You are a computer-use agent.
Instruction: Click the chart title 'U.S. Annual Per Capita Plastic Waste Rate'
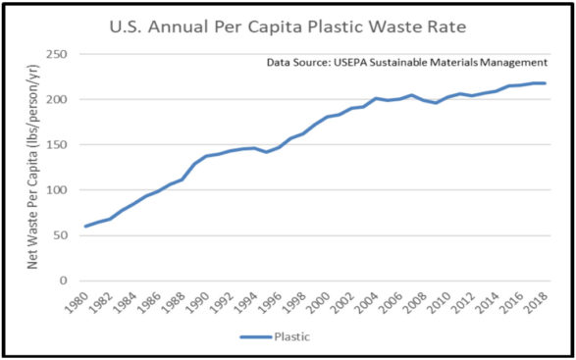pyautogui.click(x=288, y=25)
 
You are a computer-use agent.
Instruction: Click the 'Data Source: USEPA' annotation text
pyautogui.click(x=406, y=63)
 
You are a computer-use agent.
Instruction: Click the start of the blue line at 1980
pyautogui.click(x=84, y=227)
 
